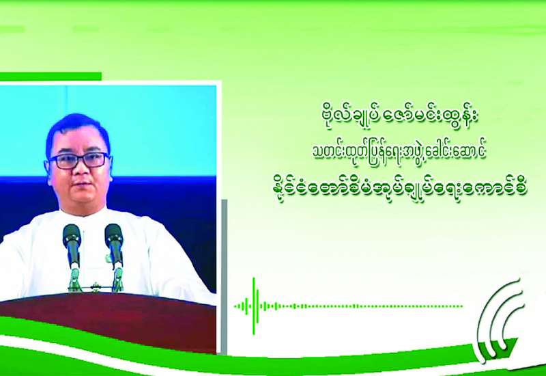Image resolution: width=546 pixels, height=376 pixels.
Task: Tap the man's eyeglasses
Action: click(78, 160)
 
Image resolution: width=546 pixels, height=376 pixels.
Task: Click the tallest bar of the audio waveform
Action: click(254, 306)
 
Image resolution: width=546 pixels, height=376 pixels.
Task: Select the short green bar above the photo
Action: click(51, 76)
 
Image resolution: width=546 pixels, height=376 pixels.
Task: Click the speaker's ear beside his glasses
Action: click(46, 169)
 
